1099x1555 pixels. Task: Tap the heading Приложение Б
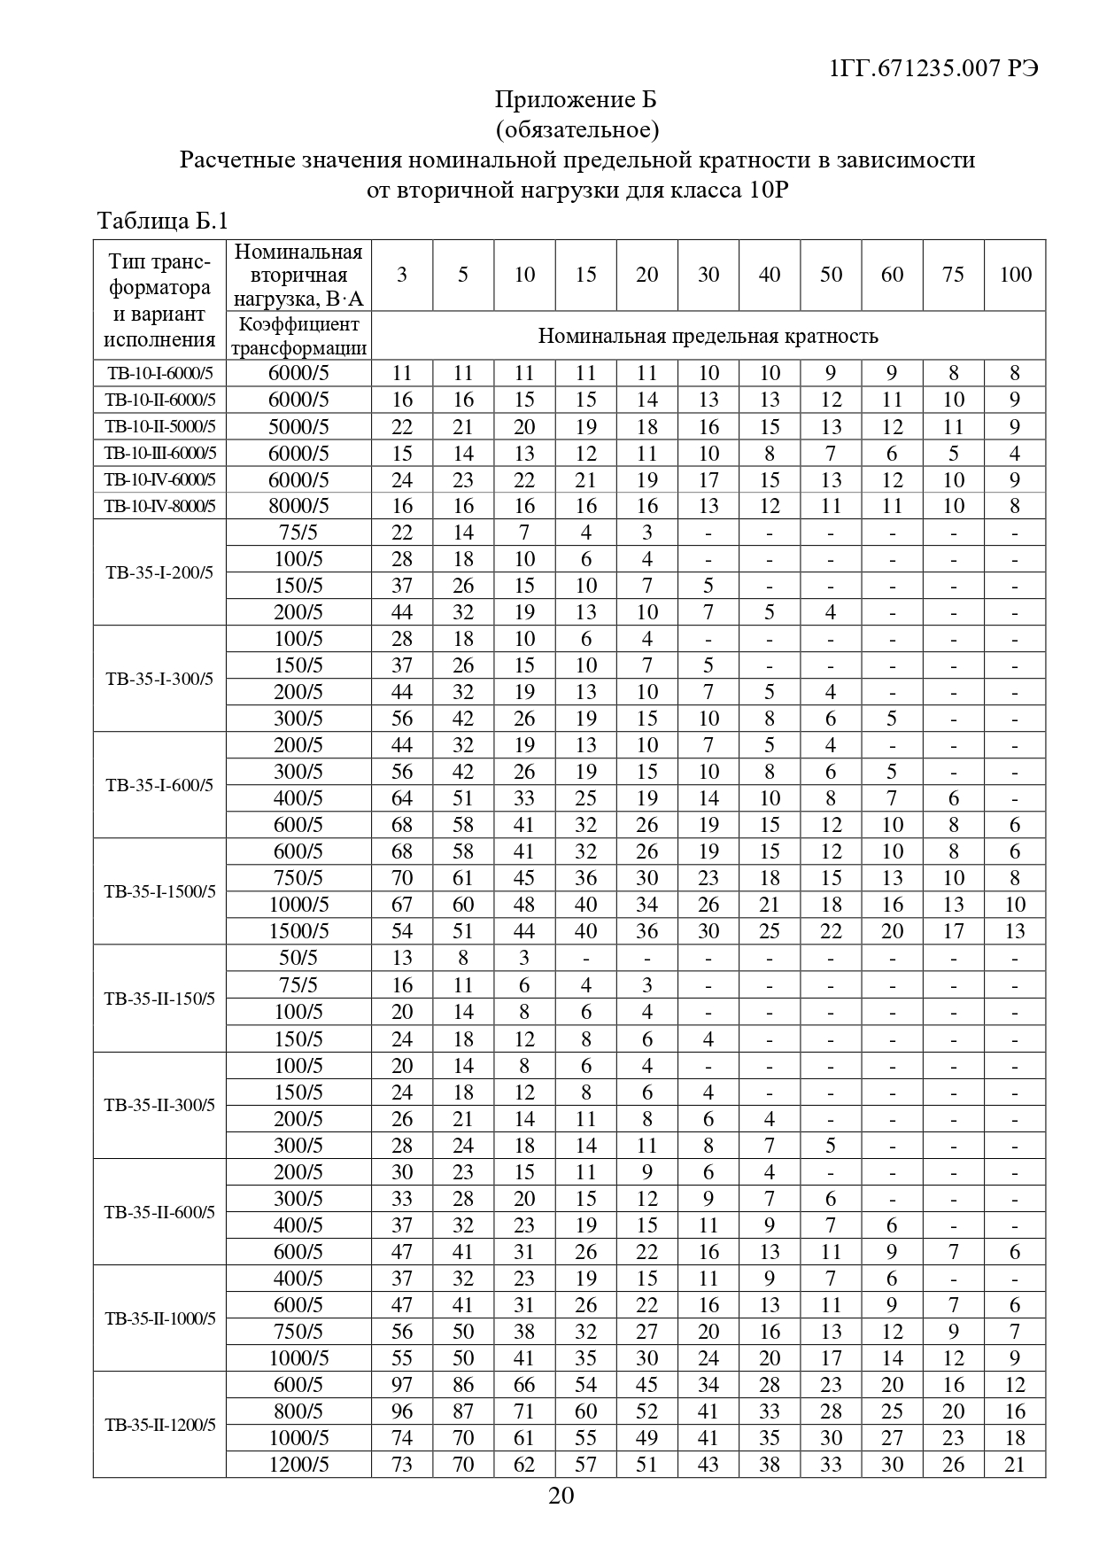[576, 99]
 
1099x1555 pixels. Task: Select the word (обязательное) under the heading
[577, 129]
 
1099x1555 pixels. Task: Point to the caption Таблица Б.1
[162, 221]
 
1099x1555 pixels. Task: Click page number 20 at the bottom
[561, 1496]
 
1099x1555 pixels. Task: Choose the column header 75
[953, 275]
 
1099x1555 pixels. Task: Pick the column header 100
[1015, 275]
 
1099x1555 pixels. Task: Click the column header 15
[585, 275]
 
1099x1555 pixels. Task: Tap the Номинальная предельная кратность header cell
[708, 336]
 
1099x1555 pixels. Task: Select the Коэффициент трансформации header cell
[298, 336]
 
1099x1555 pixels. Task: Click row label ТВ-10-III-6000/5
[159, 454]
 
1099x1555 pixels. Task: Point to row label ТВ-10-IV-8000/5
[159, 507]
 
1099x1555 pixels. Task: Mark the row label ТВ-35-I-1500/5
[159, 891]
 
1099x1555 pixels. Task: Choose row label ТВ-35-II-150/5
[159, 999]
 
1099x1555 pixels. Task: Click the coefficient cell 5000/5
[298, 427]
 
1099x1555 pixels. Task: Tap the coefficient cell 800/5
[298, 1411]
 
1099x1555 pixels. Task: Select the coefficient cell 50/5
[298, 958]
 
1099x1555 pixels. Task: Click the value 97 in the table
[402, 1385]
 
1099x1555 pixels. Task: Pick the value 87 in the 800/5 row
[463, 1411]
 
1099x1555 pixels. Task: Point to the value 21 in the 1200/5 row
[1015, 1465]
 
